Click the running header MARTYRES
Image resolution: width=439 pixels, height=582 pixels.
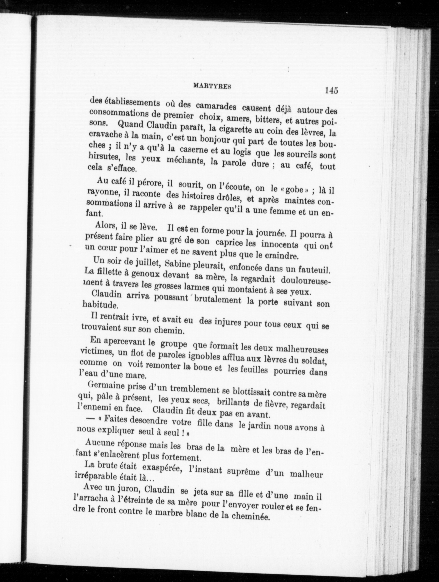coord(212,86)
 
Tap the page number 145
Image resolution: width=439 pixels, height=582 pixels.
coord(331,90)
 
